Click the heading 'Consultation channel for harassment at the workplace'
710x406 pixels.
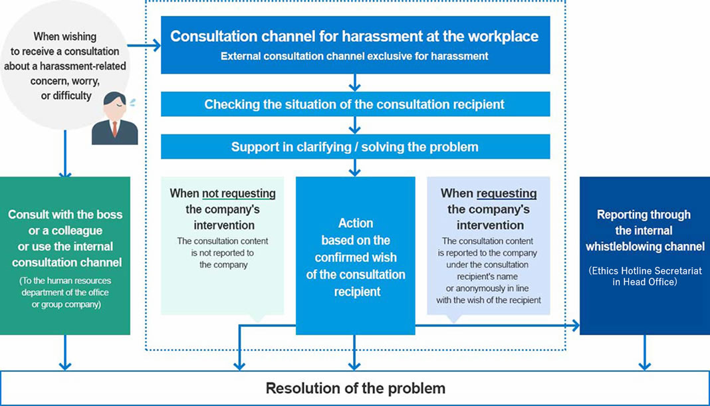click(x=354, y=36)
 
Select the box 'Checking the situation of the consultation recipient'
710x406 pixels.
click(x=354, y=104)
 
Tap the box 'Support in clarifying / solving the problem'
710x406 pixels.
click(x=354, y=147)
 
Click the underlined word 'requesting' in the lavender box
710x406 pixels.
click(x=507, y=193)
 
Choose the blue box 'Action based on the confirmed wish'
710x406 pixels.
click(x=355, y=256)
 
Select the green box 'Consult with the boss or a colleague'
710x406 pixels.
click(x=65, y=256)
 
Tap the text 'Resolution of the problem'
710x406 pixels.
click(x=355, y=388)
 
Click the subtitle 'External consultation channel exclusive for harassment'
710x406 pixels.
click(x=354, y=56)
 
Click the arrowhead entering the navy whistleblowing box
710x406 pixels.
click(x=574, y=326)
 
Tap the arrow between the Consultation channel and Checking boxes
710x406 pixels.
click(x=354, y=82)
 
